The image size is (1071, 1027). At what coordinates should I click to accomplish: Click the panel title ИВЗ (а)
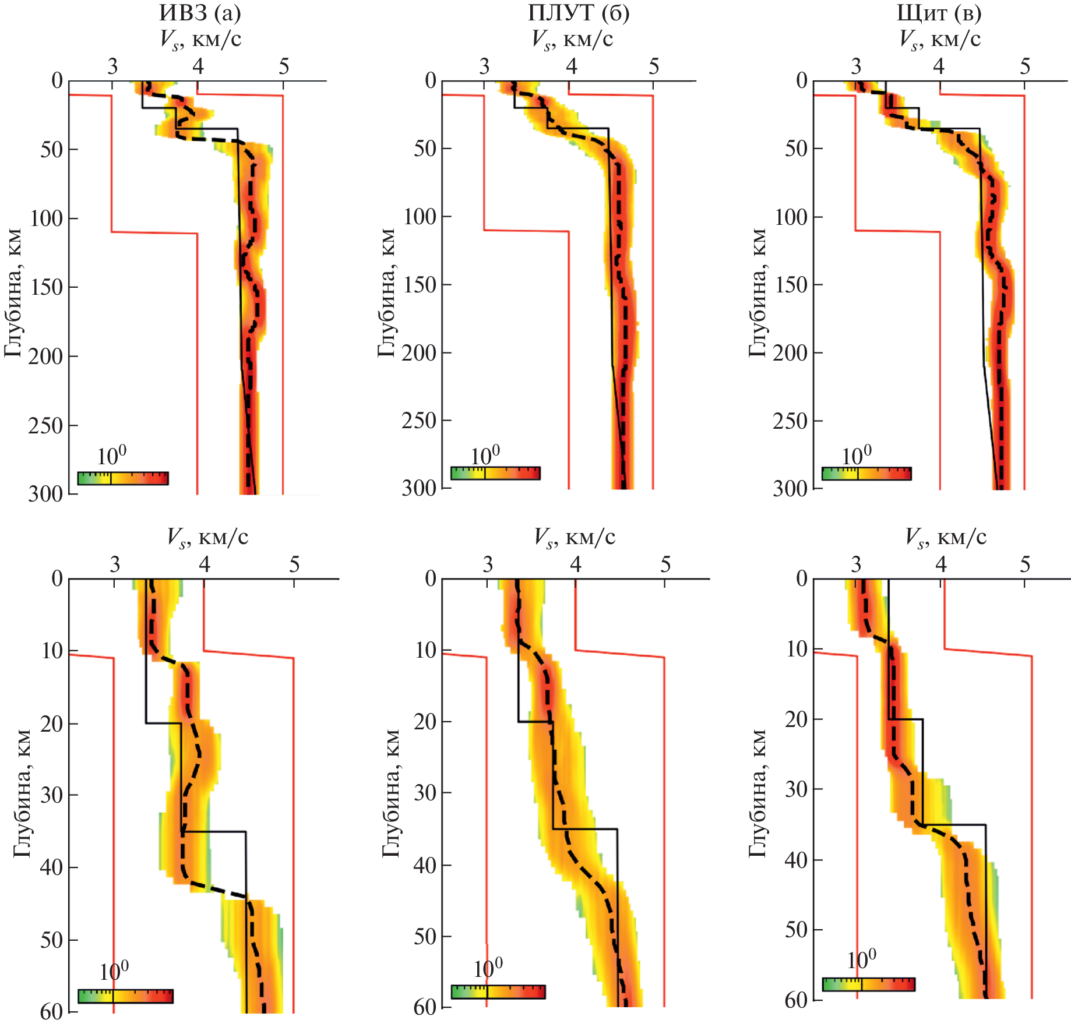[x=200, y=13]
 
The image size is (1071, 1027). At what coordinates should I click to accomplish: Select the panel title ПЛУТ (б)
[x=578, y=13]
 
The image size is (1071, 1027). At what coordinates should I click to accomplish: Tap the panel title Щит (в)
[x=939, y=13]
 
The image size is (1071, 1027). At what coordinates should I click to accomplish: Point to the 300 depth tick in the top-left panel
[x=45, y=494]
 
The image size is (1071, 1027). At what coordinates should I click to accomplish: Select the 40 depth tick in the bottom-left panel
[x=51, y=867]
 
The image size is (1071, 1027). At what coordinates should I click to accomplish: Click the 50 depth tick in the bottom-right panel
[x=796, y=930]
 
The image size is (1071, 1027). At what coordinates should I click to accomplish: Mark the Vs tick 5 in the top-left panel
[x=284, y=66]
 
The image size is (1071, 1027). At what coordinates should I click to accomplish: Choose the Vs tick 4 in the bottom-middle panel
[x=575, y=564]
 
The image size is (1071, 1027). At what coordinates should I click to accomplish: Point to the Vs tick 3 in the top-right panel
[x=855, y=66]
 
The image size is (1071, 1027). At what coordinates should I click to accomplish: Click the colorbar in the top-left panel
[x=123, y=479]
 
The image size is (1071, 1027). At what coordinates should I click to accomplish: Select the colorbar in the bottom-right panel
[x=868, y=984]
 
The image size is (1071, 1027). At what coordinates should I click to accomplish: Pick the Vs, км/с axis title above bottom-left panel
[x=207, y=537]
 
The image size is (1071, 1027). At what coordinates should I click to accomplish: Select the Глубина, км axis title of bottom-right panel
[x=758, y=793]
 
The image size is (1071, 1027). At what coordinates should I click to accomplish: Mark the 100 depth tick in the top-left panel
[x=45, y=218]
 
